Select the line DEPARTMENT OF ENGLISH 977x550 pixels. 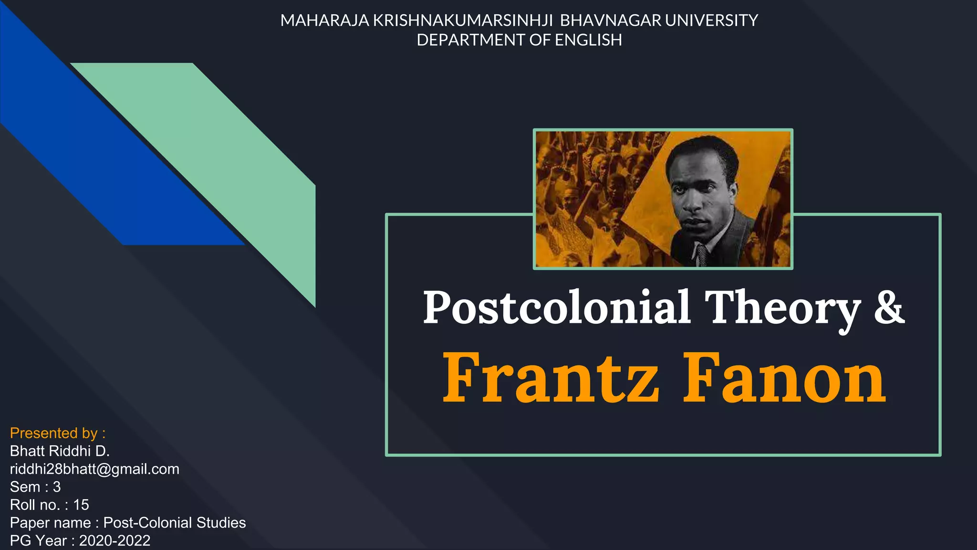(x=519, y=40)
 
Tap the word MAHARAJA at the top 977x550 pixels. (x=324, y=21)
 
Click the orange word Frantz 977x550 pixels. (x=551, y=378)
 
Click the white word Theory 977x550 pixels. (x=782, y=308)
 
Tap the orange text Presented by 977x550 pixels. (x=57, y=433)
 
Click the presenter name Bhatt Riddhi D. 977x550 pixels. (x=60, y=451)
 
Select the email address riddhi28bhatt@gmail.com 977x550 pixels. (x=94, y=469)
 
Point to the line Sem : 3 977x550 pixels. (x=35, y=487)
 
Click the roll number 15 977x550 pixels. (x=81, y=505)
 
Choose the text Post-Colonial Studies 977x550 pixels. (x=175, y=523)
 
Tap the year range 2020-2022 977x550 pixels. (x=114, y=541)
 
